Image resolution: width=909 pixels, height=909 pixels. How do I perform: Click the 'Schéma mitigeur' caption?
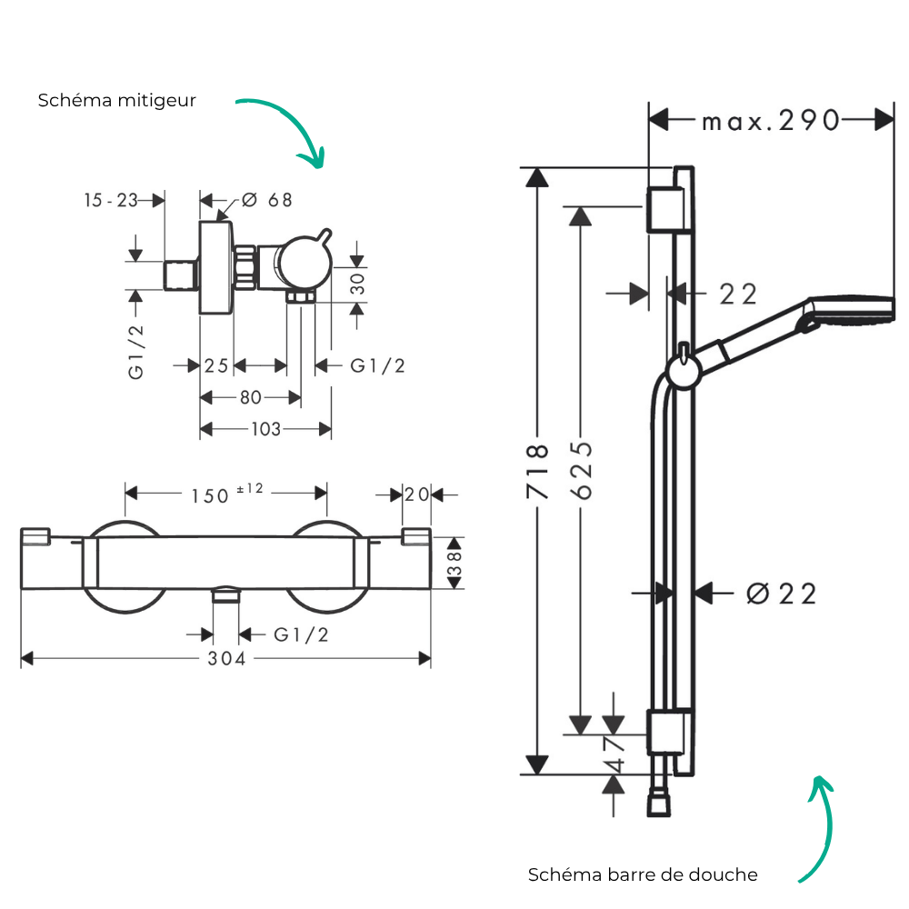(x=116, y=101)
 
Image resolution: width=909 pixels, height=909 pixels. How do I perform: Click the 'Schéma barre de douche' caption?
(x=643, y=874)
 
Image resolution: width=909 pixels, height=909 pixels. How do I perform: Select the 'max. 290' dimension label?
(x=771, y=121)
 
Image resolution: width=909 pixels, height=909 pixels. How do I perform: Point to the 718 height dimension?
(x=537, y=471)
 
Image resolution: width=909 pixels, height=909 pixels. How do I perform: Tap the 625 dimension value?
(x=582, y=470)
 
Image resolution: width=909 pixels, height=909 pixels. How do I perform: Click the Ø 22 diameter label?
(x=782, y=594)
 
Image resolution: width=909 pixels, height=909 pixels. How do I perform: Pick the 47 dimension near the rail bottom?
(x=614, y=754)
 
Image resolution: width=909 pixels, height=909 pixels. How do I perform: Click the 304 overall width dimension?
(x=226, y=658)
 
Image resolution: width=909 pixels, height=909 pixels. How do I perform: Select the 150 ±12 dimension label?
(x=227, y=494)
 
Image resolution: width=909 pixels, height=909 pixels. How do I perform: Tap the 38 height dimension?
(x=454, y=563)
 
